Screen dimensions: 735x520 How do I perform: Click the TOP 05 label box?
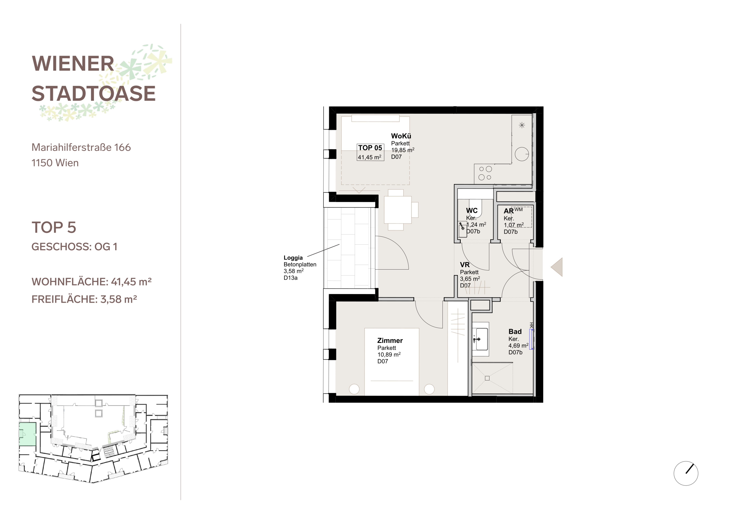click(x=370, y=152)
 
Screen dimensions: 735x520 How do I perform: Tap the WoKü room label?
click(x=401, y=136)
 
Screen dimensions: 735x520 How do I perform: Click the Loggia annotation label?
click(x=293, y=258)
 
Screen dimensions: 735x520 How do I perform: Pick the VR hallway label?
click(x=465, y=265)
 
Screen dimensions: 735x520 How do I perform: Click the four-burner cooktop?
click(x=485, y=173)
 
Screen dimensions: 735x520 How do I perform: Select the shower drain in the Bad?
click(x=487, y=378)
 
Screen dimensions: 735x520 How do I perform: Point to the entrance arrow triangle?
click(x=557, y=267)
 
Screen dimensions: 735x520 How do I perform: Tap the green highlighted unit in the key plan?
click(x=27, y=434)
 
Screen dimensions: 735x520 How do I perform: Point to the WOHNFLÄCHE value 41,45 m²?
click(x=131, y=282)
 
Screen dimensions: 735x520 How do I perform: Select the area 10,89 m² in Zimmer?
click(x=389, y=354)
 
